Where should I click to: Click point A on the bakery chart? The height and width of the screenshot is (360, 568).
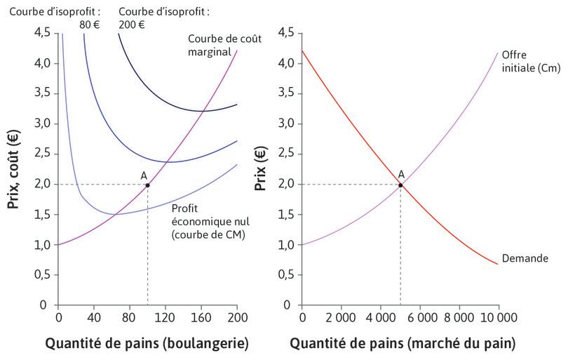click(x=147, y=185)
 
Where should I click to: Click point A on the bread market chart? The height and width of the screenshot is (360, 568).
click(x=400, y=185)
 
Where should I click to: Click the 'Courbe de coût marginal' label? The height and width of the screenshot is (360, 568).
click(x=224, y=45)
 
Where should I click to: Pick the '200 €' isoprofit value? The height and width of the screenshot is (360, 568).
click(x=132, y=25)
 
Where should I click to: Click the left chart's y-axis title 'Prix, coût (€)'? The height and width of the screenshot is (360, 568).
click(x=13, y=168)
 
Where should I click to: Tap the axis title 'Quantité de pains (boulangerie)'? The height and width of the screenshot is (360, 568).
click(x=147, y=344)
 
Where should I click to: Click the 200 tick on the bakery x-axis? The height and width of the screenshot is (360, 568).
click(x=237, y=317)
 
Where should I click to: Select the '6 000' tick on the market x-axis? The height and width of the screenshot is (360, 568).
click(x=420, y=317)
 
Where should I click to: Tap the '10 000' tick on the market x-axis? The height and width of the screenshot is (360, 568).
click(x=498, y=317)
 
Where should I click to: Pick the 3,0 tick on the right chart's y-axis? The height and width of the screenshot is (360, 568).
click(x=284, y=124)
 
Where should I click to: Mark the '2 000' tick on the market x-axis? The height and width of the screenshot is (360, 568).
click(x=341, y=317)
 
